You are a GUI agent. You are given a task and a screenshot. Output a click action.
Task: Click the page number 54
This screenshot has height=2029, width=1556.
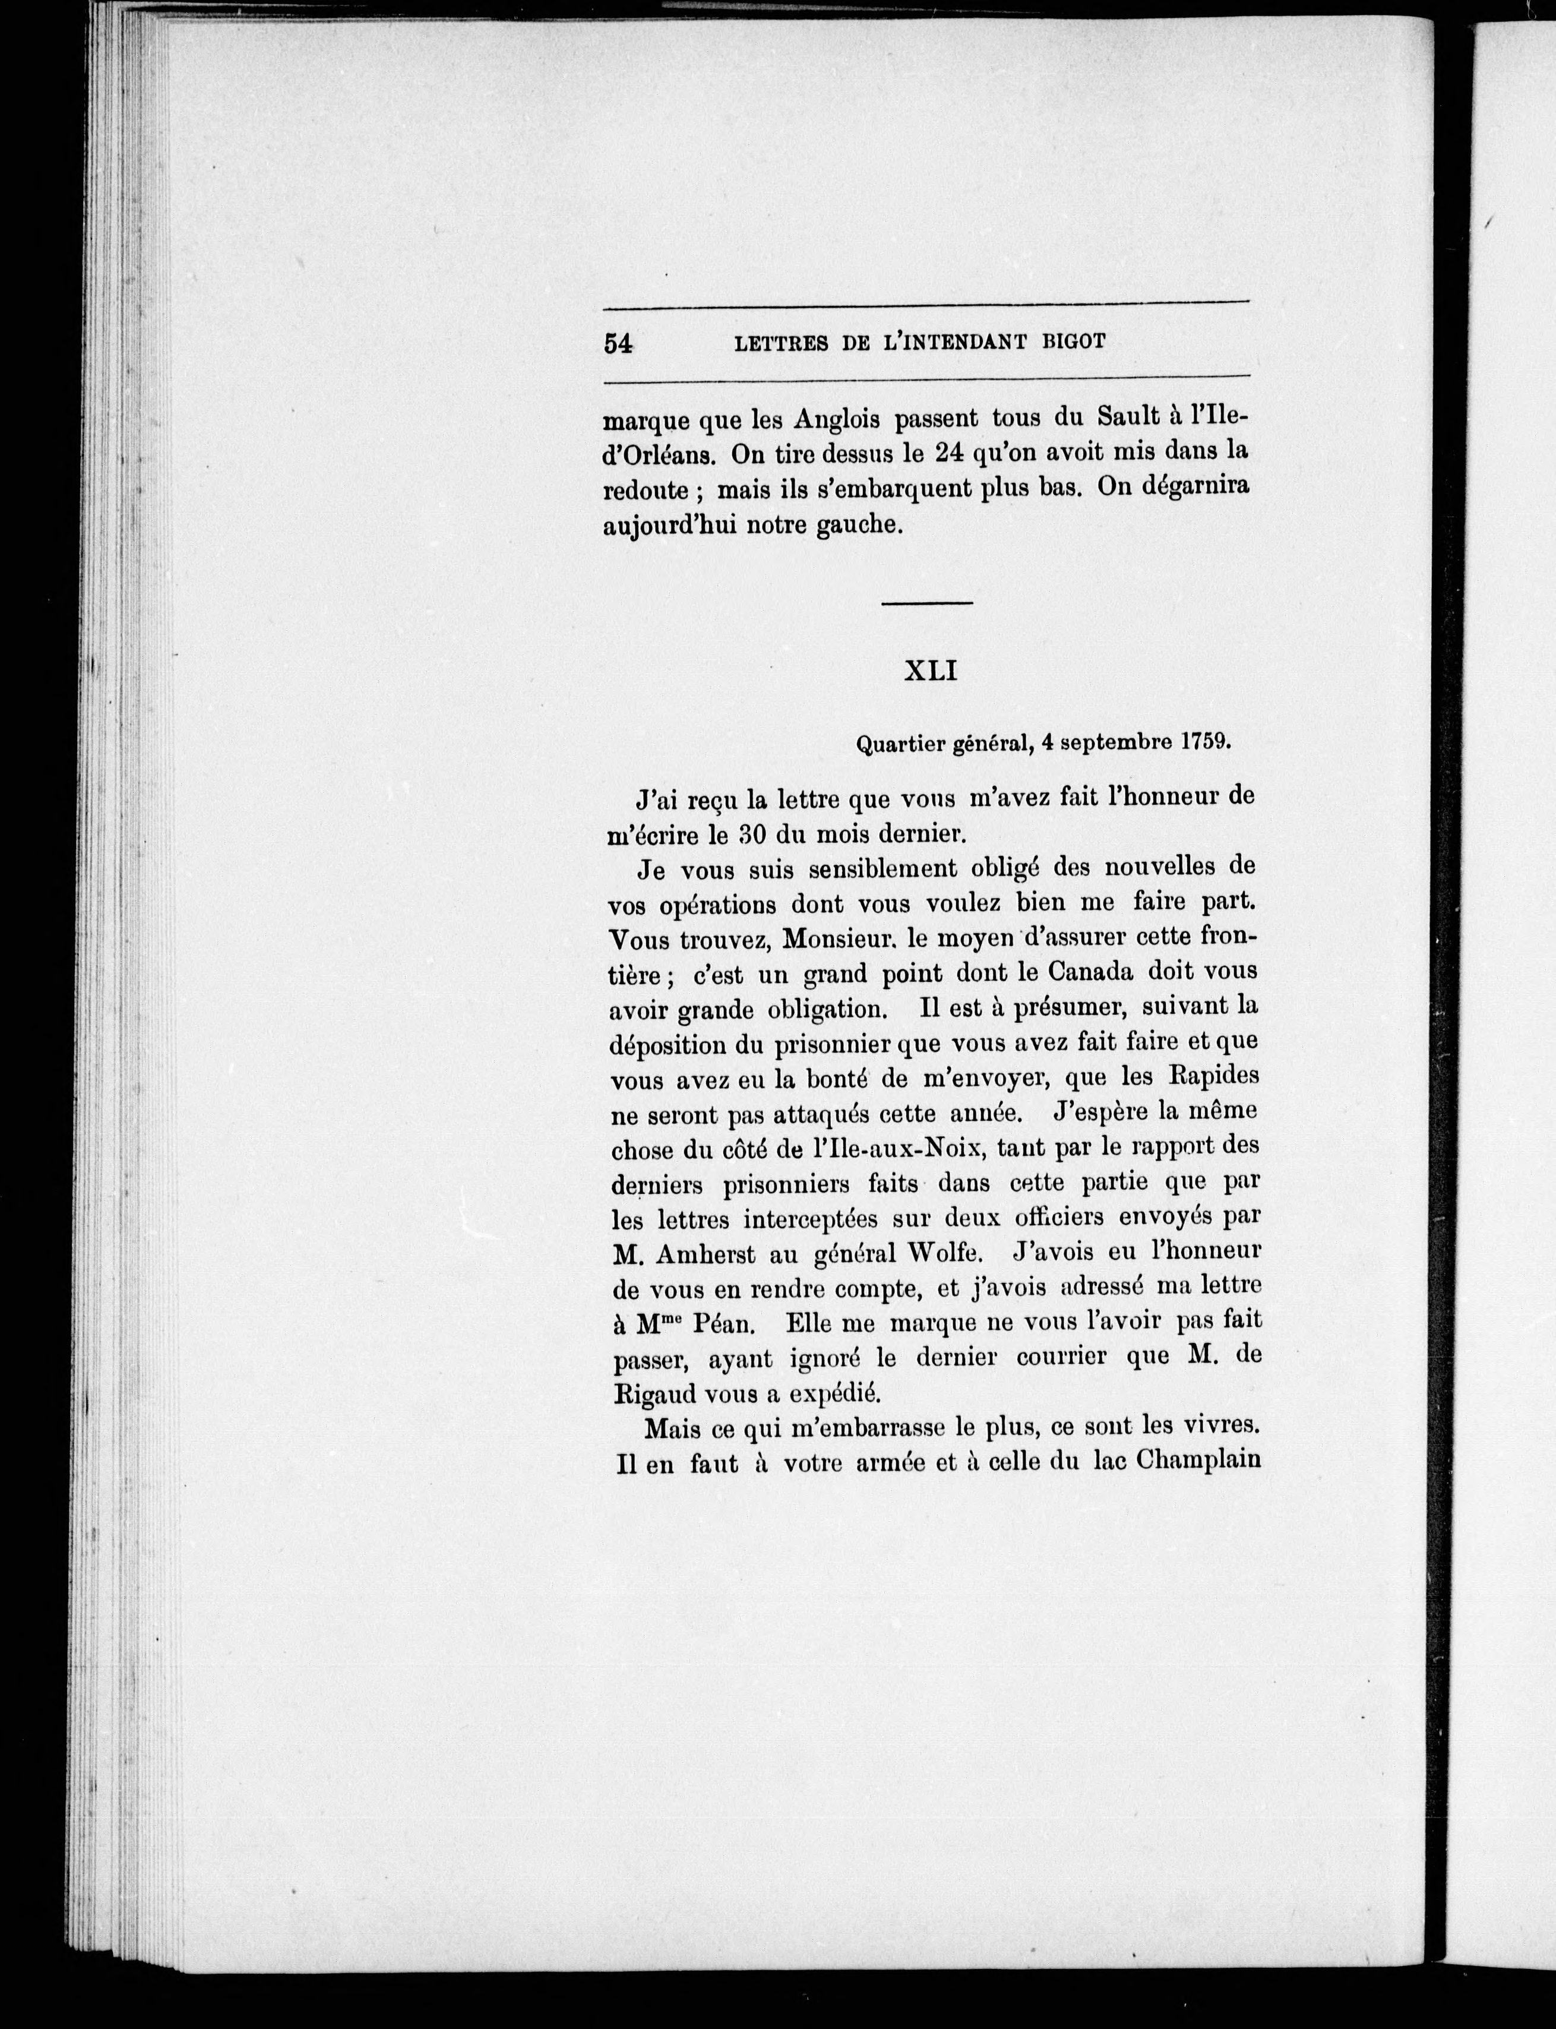click(x=618, y=343)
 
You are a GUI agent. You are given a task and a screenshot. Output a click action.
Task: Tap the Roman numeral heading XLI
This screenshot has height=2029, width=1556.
click(x=930, y=671)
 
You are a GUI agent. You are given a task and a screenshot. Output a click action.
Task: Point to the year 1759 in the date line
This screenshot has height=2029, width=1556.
click(x=1205, y=742)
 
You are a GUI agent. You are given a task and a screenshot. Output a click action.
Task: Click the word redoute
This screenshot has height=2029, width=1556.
click(x=646, y=490)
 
